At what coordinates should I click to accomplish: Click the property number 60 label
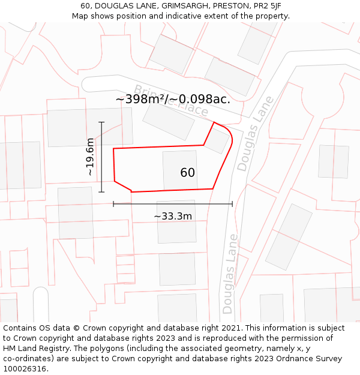[187, 173]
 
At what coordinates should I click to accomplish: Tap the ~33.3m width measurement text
[173, 216]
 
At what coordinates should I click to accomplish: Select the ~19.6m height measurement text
[90, 157]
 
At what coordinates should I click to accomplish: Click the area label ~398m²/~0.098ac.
[173, 99]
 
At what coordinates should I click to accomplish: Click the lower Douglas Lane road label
[229, 274]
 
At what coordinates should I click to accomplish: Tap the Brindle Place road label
[171, 100]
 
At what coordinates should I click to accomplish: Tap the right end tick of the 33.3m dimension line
[232, 204]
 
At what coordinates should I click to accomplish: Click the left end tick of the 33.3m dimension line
[113, 204]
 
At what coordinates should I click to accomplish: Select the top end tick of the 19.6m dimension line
[101, 122]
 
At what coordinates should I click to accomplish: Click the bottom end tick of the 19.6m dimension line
[101, 192]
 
